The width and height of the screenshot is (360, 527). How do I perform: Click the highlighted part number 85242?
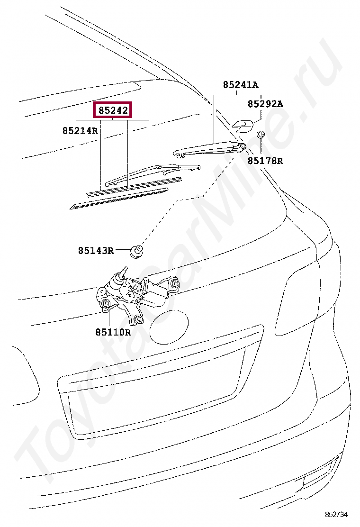[x=113, y=110]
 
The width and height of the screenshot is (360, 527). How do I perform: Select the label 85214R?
[x=80, y=130]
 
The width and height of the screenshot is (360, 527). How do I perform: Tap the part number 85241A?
[x=241, y=85]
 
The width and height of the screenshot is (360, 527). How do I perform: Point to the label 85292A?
[x=265, y=104]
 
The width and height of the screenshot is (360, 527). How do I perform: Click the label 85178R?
[x=265, y=161]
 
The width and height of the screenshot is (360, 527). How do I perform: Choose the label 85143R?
[x=96, y=251]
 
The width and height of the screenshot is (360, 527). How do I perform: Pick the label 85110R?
[x=113, y=332]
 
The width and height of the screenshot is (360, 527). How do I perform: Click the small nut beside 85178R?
[x=260, y=135]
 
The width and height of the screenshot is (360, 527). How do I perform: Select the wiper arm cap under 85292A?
[x=243, y=125]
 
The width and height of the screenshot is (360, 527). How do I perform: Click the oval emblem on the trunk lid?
[x=169, y=326]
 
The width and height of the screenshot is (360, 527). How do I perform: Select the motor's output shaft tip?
[x=125, y=270]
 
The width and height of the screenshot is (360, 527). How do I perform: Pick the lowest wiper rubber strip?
[x=118, y=198]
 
